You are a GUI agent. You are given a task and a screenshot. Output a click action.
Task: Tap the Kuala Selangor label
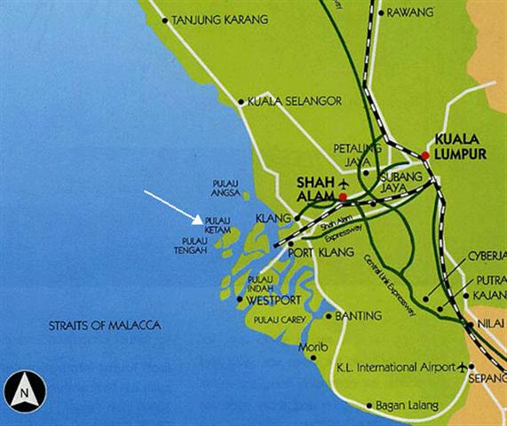[288, 101]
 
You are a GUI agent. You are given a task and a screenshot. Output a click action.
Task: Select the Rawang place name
[409, 13]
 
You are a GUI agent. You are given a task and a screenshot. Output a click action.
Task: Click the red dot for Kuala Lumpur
[425, 155]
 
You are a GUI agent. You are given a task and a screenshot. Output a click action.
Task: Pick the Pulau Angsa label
[226, 187]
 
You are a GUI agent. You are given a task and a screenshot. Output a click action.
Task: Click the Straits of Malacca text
[105, 327]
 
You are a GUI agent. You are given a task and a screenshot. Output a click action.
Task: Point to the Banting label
[360, 315]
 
